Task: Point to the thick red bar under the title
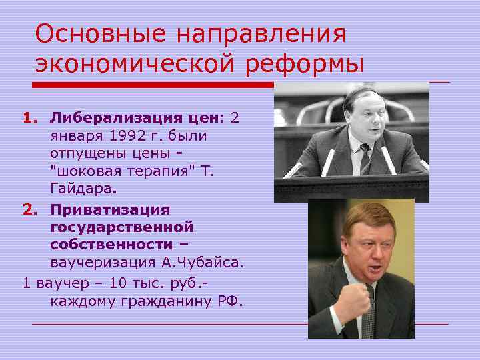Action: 153,85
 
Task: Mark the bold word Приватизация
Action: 110,209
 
